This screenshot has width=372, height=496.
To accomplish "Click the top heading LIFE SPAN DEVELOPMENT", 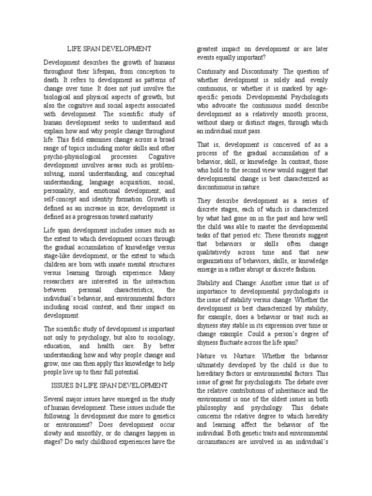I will (109, 48).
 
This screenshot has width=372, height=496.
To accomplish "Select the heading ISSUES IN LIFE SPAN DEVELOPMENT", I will (109, 385).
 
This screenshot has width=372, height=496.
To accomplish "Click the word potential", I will (124, 372).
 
